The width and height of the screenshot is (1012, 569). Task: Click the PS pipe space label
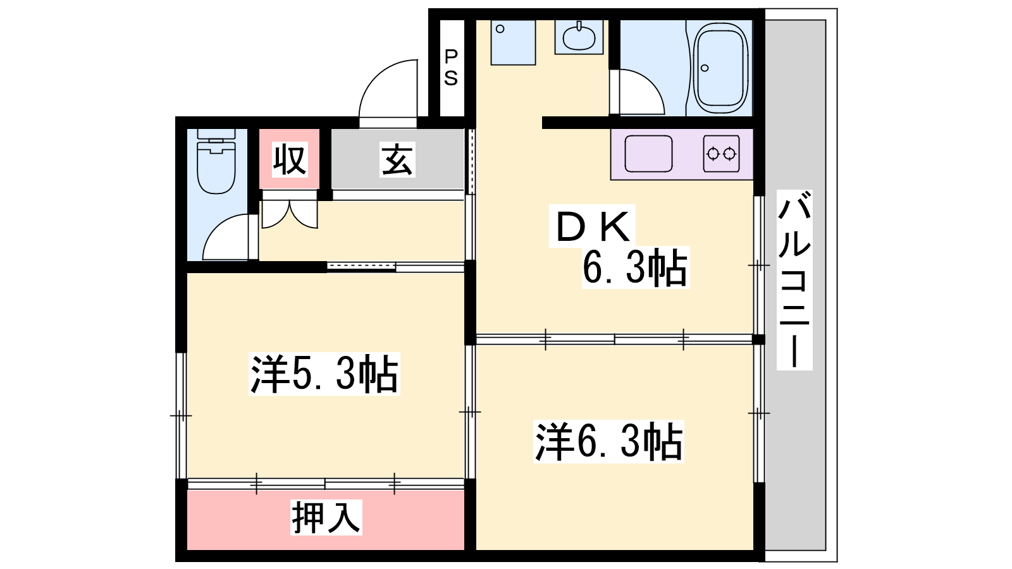point(451,68)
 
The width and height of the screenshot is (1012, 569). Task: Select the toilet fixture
point(216,161)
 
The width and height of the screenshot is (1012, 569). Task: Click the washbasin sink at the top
point(579,37)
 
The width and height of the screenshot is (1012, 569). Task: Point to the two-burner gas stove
point(722,154)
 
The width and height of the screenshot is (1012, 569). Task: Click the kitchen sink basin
point(648,154)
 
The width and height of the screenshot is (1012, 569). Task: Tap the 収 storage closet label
point(290,159)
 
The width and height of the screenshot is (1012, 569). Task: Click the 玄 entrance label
point(397,159)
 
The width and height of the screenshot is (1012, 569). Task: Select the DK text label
point(592,226)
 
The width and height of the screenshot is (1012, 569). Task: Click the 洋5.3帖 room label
point(324,374)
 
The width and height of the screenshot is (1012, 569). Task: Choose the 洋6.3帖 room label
point(608,442)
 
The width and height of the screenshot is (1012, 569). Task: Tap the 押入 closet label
point(326,518)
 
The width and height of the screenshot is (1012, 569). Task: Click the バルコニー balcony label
point(794,280)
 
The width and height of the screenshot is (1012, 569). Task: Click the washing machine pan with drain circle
point(513,42)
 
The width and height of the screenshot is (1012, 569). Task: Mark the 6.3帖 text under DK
point(635,268)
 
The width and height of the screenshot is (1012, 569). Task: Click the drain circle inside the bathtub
point(705,69)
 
